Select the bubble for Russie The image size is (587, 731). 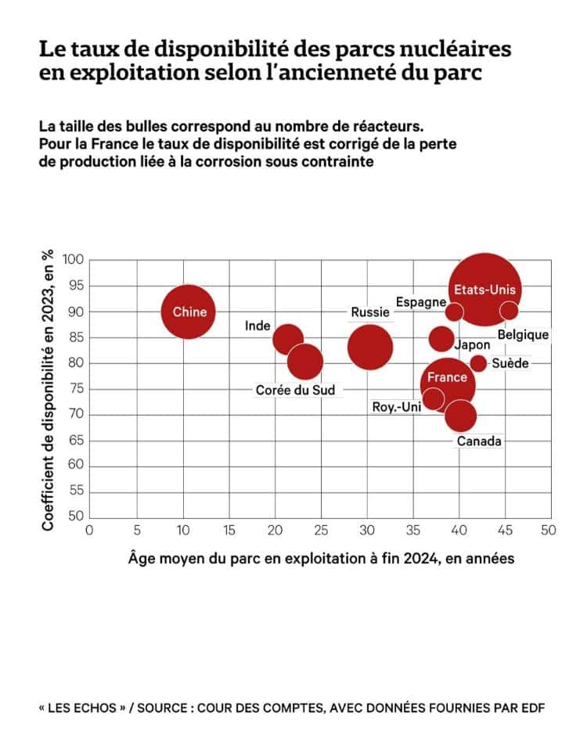(x=369, y=347)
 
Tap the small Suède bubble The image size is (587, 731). (x=478, y=363)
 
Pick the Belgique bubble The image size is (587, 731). (x=509, y=311)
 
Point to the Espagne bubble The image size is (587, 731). (x=454, y=311)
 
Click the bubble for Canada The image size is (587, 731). (x=460, y=415)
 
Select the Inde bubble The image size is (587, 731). (x=288, y=339)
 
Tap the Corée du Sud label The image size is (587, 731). (x=295, y=390)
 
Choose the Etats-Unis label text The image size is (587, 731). (x=485, y=290)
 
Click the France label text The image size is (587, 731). (x=447, y=377)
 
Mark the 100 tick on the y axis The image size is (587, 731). (x=74, y=260)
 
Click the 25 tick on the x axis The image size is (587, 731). (x=321, y=530)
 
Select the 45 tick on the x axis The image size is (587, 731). (x=506, y=530)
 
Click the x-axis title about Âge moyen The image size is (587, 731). (x=320, y=560)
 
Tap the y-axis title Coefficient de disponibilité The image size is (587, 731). (x=49, y=388)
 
